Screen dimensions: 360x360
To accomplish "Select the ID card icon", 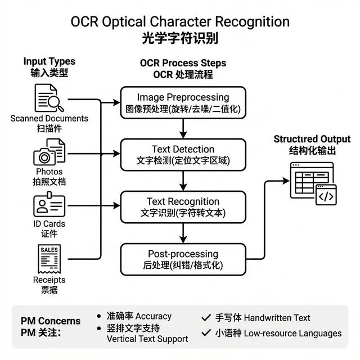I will pyautogui.click(x=49, y=205).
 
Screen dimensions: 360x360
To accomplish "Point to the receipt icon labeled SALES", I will pyautogui.click(x=49, y=259).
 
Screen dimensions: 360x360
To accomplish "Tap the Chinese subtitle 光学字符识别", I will pyautogui.click(x=180, y=39).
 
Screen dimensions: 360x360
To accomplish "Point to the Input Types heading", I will pyautogui.click(x=49, y=61).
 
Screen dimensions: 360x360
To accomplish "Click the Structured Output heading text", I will pyautogui.click(x=312, y=139).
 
